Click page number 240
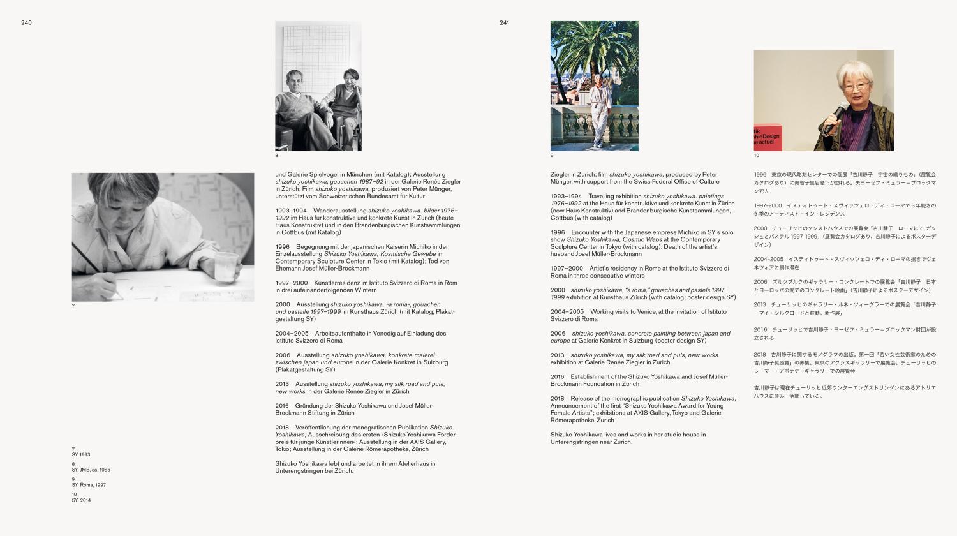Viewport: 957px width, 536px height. (26, 23)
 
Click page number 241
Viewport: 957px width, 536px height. (504, 23)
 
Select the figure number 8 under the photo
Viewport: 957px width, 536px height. (277, 156)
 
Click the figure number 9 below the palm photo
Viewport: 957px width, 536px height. (552, 156)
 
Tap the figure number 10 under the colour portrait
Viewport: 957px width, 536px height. (757, 156)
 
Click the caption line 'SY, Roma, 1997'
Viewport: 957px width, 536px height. (89, 485)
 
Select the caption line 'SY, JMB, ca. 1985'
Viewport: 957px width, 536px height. (91, 470)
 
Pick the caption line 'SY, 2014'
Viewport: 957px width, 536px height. (81, 500)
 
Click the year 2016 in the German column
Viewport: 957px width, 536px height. (282, 406)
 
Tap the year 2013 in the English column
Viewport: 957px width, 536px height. (557, 355)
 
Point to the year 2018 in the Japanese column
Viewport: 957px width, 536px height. (759, 355)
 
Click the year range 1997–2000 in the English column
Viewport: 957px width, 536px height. (567, 269)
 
